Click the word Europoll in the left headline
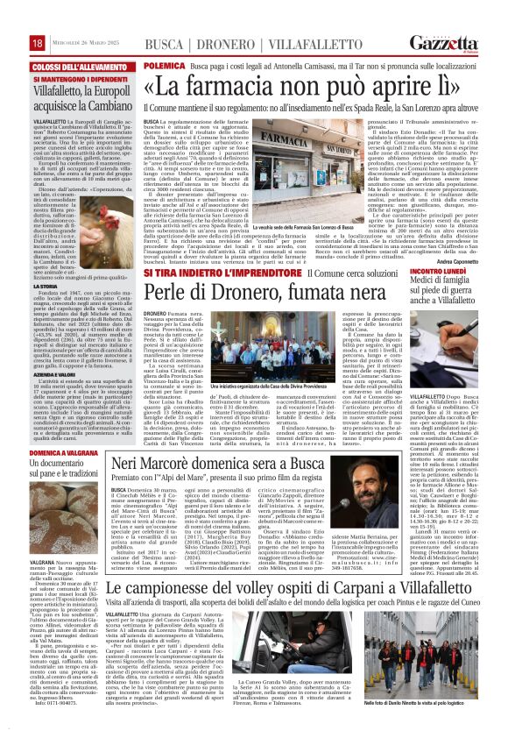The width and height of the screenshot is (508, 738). pyautogui.click(x=88, y=89)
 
